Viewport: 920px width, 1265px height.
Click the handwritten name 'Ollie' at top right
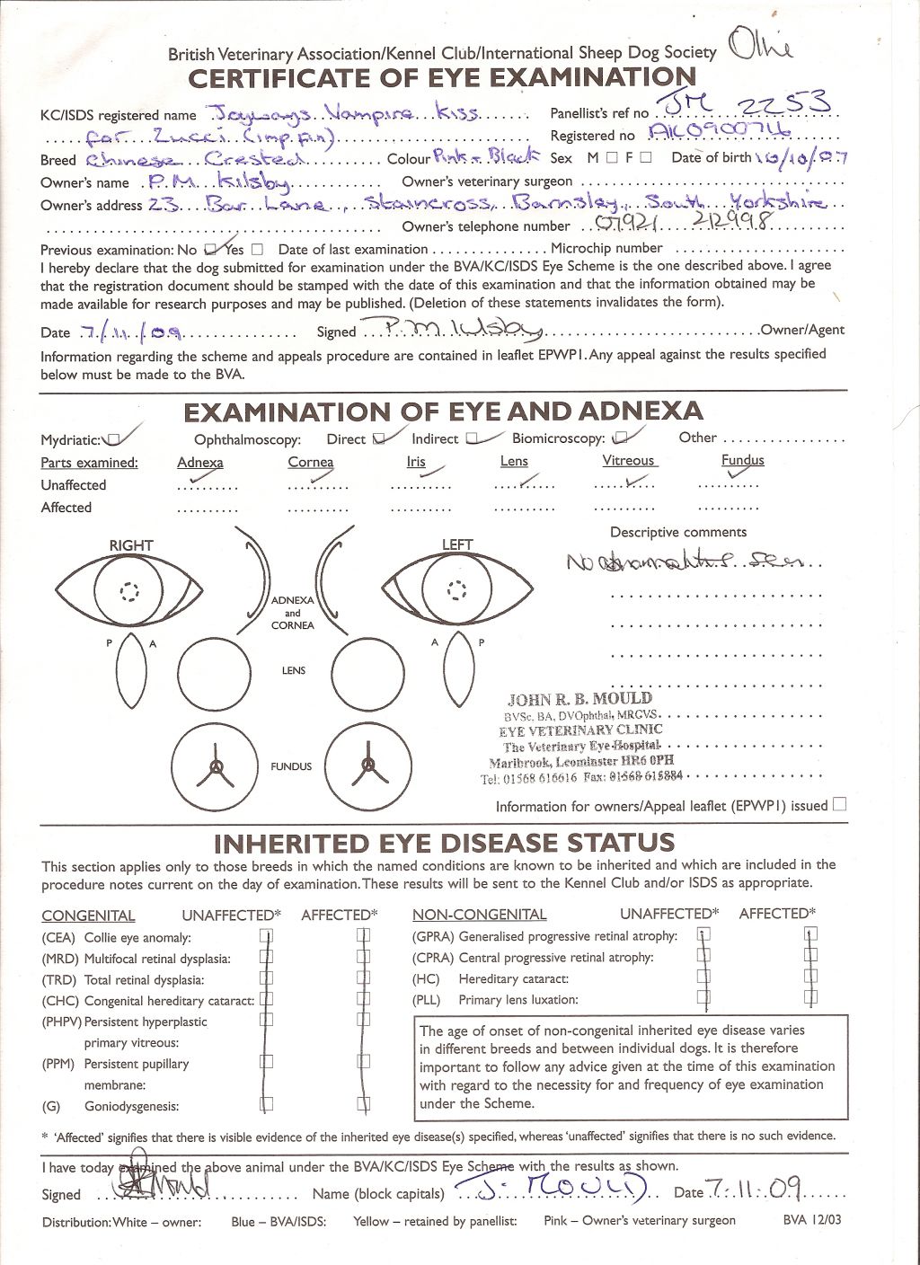(x=761, y=44)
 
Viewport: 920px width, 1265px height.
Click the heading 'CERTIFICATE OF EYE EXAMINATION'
(x=442, y=78)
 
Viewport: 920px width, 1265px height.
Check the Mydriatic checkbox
(x=112, y=440)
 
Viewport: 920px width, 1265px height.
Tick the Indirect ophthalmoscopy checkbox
(x=473, y=438)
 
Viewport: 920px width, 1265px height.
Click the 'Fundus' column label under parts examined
(x=742, y=460)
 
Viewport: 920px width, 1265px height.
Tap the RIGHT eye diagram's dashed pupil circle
(x=131, y=590)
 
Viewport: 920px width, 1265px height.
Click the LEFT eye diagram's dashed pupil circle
(x=458, y=589)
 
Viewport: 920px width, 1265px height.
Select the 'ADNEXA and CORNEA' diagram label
(x=293, y=613)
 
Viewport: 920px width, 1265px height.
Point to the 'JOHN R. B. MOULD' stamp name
(x=579, y=699)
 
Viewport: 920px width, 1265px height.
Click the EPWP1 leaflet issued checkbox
(x=839, y=804)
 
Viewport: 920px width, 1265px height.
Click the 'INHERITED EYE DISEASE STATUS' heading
(x=444, y=844)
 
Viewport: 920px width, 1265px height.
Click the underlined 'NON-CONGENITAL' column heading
(x=479, y=915)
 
